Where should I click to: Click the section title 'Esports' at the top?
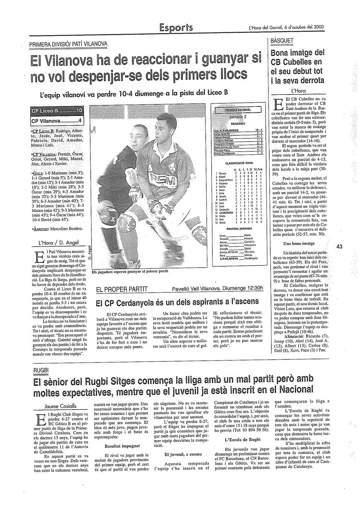[x=176, y=27]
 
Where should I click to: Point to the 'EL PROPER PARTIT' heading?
[x=122, y=289]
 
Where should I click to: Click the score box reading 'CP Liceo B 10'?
[x=57, y=111]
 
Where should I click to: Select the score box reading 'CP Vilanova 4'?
[x=57, y=121]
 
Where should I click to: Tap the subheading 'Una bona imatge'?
[x=299, y=243]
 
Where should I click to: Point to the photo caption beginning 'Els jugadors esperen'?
[x=130, y=272]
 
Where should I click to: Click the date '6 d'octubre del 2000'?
[x=304, y=27]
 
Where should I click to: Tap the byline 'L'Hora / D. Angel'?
[x=58, y=243]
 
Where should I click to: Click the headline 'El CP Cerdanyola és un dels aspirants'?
[x=178, y=302]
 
